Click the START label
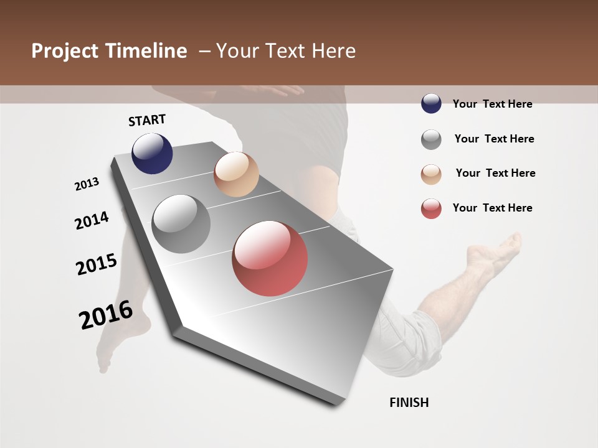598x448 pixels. (147, 120)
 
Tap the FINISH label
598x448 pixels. (409, 403)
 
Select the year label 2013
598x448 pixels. (87, 184)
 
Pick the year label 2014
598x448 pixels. (92, 220)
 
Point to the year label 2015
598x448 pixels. (97, 264)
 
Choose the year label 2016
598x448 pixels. (106, 315)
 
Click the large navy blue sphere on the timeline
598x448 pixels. (152, 153)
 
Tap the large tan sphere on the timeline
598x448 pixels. (236, 174)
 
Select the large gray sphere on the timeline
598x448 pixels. (181, 224)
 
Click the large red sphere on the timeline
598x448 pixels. (270, 258)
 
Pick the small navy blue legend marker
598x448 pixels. (431, 103)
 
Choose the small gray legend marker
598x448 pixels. (431, 139)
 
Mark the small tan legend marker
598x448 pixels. (431, 174)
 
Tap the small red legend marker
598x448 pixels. (431, 208)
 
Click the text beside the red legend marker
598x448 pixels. (492, 208)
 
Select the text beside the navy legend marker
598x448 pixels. (492, 104)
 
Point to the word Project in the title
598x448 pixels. (65, 51)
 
